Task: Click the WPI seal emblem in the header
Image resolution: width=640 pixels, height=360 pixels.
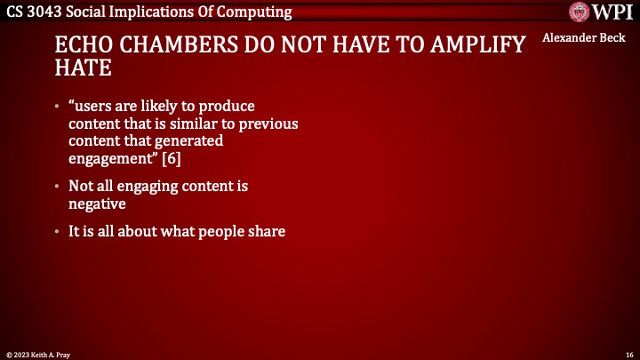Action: [x=581, y=12]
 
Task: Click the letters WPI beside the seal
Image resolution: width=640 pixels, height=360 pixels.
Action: [x=612, y=12]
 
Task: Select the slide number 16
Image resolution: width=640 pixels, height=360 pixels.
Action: [x=628, y=353]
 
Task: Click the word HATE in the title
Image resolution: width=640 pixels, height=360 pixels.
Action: [x=81, y=68]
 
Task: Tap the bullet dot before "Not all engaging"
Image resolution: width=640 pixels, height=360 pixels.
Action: [x=57, y=187]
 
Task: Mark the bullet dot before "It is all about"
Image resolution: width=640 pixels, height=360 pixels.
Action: [x=57, y=233]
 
